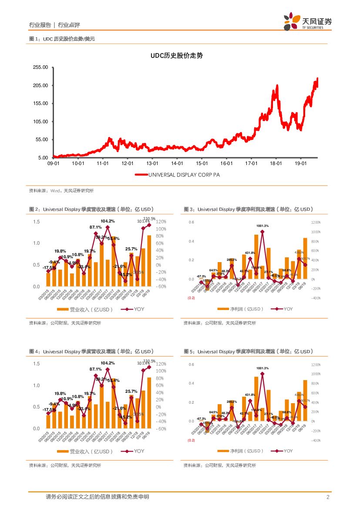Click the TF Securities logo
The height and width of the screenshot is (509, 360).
[x=307, y=21]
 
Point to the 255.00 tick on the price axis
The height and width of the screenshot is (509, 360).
[x=40, y=67]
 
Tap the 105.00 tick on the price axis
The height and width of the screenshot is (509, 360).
[x=40, y=121]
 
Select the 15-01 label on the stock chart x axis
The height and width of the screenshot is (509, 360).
[x=201, y=164]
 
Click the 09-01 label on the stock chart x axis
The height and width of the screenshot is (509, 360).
[x=53, y=164]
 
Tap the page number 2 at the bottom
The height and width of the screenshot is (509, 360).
[x=327, y=497]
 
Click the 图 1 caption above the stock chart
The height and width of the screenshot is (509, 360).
[x=61, y=39]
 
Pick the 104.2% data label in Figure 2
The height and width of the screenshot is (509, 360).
[x=108, y=221]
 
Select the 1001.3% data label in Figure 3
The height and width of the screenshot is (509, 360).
[x=262, y=226]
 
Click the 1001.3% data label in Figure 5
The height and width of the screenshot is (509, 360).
[x=262, y=368]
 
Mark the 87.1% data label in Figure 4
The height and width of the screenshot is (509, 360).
[x=96, y=369]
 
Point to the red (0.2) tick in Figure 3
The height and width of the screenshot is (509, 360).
[x=191, y=298]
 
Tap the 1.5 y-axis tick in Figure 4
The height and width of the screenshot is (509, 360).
[x=36, y=364]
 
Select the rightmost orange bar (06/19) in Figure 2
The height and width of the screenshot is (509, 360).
[x=149, y=261]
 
